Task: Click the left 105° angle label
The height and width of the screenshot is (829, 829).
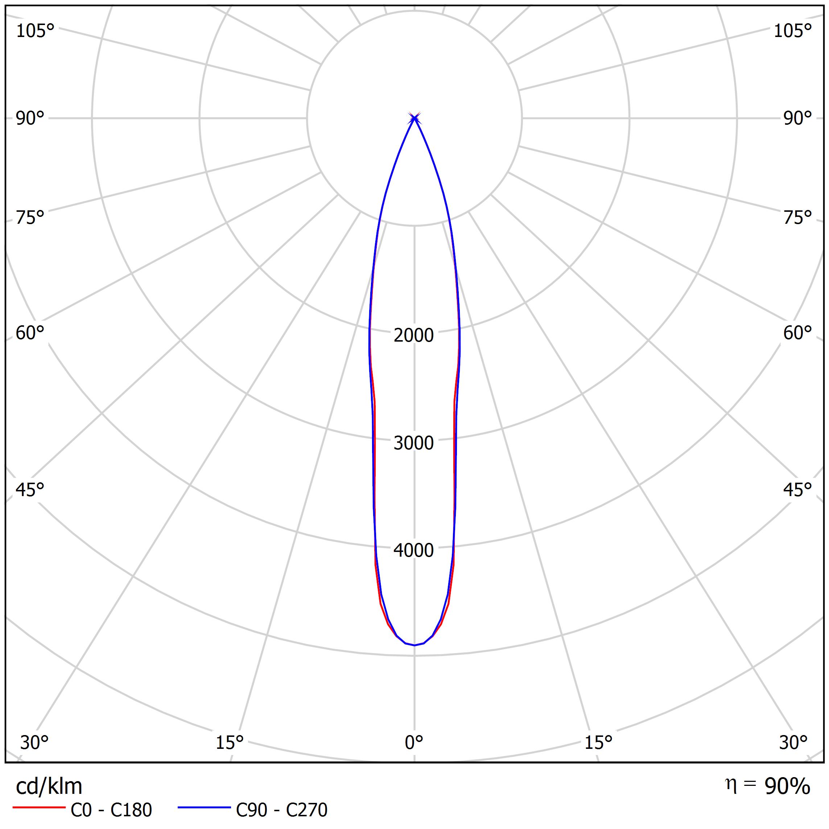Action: click(x=35, y=31)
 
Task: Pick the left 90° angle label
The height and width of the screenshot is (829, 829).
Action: click(x=30, y=119)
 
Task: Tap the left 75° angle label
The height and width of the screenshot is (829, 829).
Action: click(x=30, y=218)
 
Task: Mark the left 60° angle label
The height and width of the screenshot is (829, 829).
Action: click(x=30, y=333)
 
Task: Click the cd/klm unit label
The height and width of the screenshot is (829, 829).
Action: click(x=49, y=787)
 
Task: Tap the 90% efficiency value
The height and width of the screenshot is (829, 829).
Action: click(x=787, y=787)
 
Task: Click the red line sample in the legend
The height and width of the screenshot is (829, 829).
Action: click(x=38, y=808)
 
